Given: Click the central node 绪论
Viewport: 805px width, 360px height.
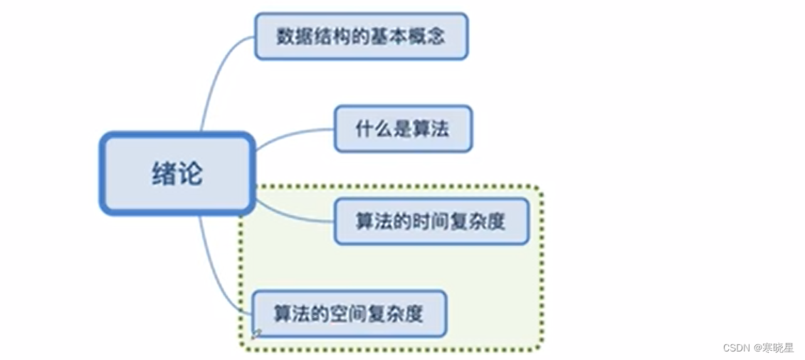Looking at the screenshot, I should [177, 173].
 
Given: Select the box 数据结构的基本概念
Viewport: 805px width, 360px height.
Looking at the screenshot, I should [361, 36].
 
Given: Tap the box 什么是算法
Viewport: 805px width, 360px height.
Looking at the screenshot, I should [403, 129].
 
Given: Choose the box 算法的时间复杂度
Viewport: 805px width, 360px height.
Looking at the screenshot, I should [431, 221].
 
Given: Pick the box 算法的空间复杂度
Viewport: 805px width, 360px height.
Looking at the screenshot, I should [349, 313].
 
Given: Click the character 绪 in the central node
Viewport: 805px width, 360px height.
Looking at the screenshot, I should [164, 174].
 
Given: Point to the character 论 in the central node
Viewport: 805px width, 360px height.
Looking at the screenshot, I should [190, 174].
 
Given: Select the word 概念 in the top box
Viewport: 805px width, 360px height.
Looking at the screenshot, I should [427, 36].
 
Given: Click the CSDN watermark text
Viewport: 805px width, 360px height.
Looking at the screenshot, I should [737, 348].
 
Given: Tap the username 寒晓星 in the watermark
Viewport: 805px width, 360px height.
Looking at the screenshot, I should [778, 348].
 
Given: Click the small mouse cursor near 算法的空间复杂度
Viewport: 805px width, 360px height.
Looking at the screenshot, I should [256, 333].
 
